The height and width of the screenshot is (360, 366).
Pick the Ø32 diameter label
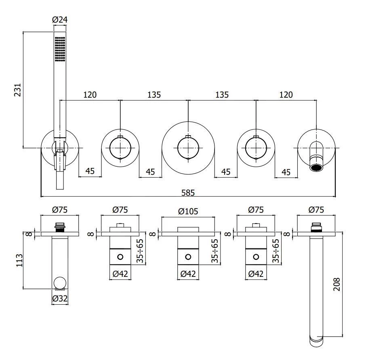60,299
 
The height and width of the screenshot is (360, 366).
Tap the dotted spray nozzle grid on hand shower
60,49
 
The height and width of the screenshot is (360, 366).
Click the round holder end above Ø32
60,283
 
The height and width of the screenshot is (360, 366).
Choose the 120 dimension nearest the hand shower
90,95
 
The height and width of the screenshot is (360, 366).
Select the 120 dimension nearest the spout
286,95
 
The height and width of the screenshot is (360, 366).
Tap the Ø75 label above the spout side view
316,209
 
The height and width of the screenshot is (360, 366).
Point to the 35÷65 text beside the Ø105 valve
215,251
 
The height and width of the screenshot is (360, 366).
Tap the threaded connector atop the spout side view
316,227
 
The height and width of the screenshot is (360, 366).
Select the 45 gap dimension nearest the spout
286,172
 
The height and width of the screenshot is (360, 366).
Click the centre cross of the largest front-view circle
188,148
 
